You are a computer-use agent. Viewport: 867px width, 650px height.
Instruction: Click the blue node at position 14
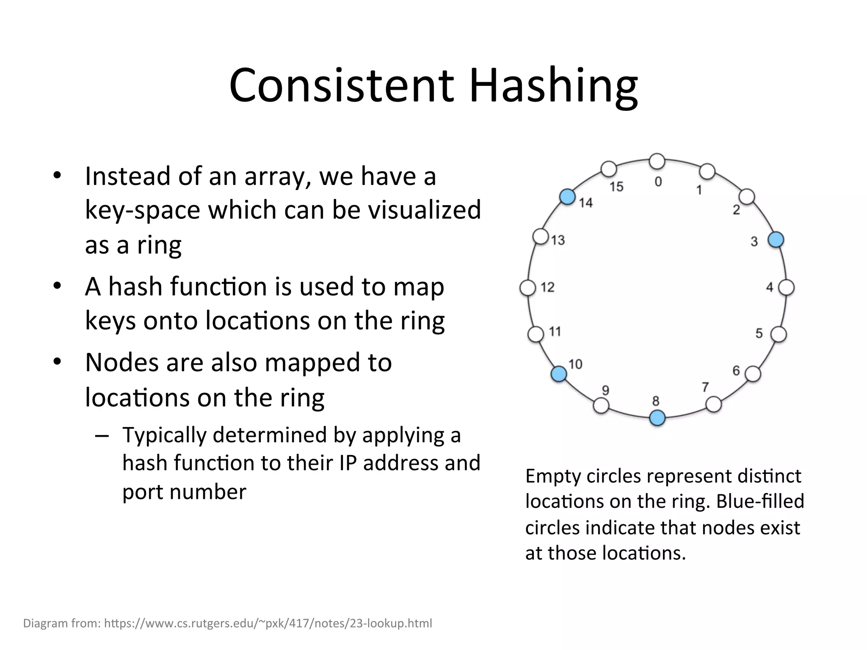[x=567, y=197]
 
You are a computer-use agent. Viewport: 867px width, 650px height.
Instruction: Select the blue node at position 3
[x=776, y=240]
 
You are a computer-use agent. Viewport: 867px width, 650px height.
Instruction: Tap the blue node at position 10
[x=559, y=374]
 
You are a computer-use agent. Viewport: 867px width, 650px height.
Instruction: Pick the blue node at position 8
[x=657, y=418]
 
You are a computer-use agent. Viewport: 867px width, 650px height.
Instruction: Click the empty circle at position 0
[x=657, y=161]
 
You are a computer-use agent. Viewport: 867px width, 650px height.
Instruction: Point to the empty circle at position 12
[x=527, y=288]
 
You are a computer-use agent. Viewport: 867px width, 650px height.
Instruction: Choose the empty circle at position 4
[x=787, y=288]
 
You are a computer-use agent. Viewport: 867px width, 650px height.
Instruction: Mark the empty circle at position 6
[x=753, y=374]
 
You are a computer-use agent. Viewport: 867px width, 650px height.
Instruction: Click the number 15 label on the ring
[x=616, y=187]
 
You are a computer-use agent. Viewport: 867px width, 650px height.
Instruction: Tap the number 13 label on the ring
[x=558, y=240]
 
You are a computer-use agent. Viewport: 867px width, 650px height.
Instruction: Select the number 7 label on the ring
[x=705, y=387]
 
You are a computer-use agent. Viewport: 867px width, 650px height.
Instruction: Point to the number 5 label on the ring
[x=759, y=333]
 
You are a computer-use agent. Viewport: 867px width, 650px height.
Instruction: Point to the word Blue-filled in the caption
[x=760, y=501]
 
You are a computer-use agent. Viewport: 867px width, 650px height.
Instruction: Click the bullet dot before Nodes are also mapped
[x=58, y=362]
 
